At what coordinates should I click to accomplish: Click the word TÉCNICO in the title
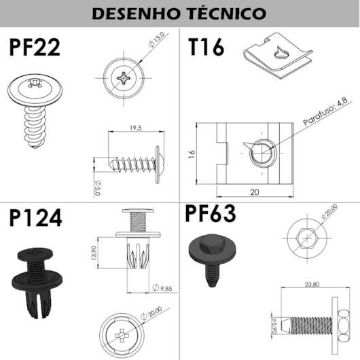(226, 13)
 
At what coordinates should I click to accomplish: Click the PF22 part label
(35, 48)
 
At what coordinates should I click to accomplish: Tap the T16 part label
(206, 47)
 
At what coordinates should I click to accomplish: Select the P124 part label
(35, 217)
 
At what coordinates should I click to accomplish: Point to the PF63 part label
(211, 213)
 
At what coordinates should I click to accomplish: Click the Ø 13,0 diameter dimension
(157, 39)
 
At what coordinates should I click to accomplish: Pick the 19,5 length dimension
(136, 128)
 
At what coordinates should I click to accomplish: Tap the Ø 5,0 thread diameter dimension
(98, 188)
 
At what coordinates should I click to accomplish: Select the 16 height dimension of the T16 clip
(192, 154)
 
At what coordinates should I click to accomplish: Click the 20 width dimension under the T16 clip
(255, 192)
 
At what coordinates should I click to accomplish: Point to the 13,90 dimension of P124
(94, 253)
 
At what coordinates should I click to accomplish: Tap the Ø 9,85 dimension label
(162, 288)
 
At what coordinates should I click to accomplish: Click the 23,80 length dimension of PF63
(312, 284)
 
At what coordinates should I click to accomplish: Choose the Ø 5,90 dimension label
(274, 325)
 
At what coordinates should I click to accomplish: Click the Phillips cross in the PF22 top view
(124, 78)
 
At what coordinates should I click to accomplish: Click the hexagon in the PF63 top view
(307, 238)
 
